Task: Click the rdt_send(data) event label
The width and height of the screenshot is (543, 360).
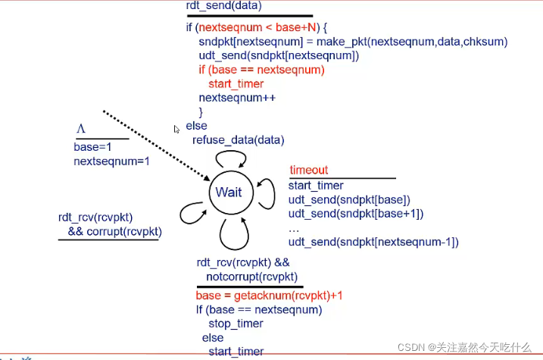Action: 223,7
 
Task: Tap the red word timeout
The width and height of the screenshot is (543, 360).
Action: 308,171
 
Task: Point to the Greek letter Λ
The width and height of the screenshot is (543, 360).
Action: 80,129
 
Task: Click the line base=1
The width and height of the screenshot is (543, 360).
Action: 92,147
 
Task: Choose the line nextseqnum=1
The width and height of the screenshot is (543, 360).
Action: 111,161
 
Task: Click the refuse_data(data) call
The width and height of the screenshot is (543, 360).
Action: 238,139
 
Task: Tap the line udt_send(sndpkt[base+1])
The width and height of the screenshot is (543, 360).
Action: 355,214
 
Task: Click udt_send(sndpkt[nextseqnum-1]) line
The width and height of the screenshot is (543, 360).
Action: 373,242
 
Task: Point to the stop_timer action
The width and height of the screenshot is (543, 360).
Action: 236,324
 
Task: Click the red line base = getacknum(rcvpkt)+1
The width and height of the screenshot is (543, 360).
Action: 273,296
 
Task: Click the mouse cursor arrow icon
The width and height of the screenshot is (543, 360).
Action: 176,129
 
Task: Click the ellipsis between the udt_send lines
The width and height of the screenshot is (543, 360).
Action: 293,228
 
